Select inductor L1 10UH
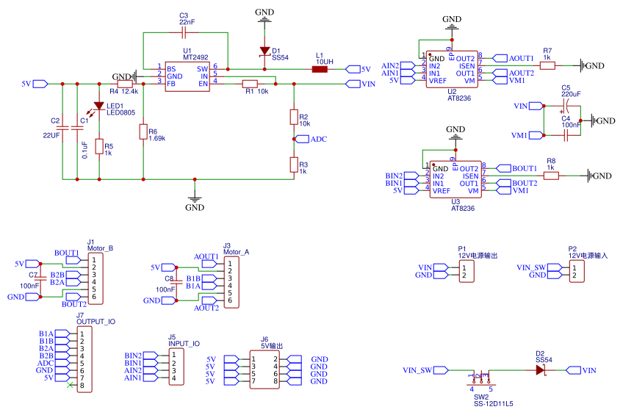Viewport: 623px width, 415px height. pos(320,70)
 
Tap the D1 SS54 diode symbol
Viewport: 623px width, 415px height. pos(264,51)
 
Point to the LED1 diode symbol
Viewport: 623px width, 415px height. pos(98,107)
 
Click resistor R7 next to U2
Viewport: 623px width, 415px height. pos(547,65)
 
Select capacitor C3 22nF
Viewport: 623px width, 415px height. pos(184,33)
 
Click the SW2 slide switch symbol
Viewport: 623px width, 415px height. pos(481,379)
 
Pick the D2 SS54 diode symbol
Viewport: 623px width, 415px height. pos(540,370)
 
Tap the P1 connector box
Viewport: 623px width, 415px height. pos(466,272)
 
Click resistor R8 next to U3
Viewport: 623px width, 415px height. pos(551,176)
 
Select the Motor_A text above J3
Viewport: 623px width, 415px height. pos(236,252)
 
